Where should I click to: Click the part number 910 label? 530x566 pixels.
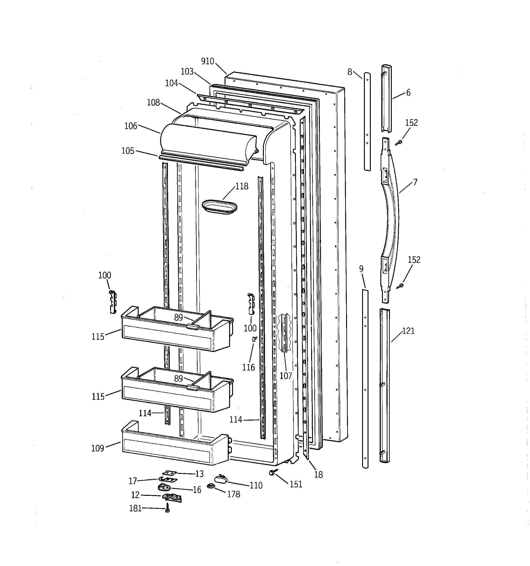coord(207,61)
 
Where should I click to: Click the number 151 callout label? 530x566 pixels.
coord(296,484)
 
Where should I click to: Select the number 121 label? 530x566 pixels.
coord(408,331)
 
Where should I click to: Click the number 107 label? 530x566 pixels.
coord(286,376)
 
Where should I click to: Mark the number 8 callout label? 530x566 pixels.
coord(350,72)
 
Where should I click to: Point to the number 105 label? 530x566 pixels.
coord(128,151)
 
